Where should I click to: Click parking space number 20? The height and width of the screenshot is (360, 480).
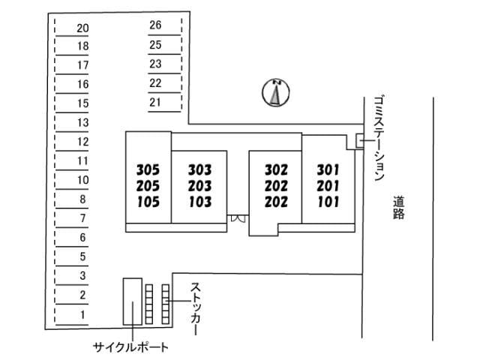click(x=82, y=28)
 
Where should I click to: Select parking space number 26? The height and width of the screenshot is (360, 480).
click(x=155, y=25)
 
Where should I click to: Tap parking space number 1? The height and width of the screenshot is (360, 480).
click(x=82, y=314)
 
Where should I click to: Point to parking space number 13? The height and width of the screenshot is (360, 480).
click(x=82, y=122)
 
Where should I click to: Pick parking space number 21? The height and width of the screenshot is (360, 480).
click(x=155, y=102)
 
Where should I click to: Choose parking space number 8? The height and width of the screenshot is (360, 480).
click(x=82, y=199)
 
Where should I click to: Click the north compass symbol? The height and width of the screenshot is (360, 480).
click(x=276, y=92)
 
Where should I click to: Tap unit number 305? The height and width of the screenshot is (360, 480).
click(x=148, y=170)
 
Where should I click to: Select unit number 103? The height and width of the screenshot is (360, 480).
click(x=200, y=202)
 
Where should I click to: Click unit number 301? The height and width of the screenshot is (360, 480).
click(x=328, y=170)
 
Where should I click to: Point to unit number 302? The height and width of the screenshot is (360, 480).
click(x=276, y=170)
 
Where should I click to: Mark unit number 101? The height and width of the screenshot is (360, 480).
click(x=328, y=202)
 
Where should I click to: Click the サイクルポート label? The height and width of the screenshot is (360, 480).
click(x=130, y=347)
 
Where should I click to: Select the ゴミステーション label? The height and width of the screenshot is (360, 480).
click(x=379, y=138)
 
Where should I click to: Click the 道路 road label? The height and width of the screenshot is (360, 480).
click(x=398, y=208)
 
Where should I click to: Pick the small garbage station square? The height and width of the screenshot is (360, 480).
click(x=360, y=140)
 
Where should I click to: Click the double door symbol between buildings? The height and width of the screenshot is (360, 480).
click(x=238, y=218)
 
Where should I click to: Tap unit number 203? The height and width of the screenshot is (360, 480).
click(x=200, y=186)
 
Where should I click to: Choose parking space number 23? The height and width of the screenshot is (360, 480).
click(x=155, y=64)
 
